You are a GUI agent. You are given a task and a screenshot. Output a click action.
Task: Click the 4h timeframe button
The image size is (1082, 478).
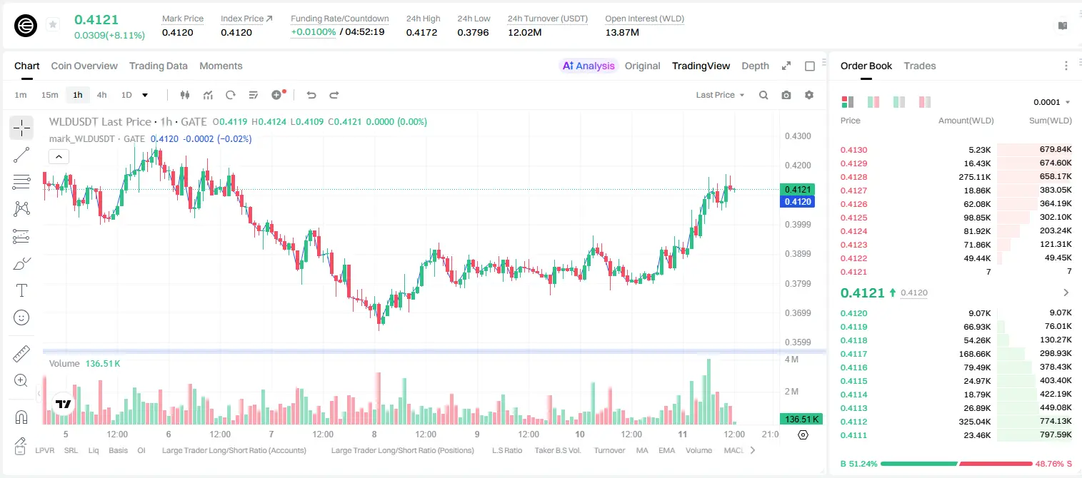click(x=101, y=95)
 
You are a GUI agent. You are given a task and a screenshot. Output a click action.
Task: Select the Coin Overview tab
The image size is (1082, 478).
click(x=84, y=66)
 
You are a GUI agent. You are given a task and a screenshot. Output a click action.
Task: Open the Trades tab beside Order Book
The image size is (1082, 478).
click(x=920, y=66)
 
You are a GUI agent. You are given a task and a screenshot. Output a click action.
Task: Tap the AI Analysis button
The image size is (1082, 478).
click(x=588, y=66)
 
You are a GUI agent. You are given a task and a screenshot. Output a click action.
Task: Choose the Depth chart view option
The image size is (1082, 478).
click(x=755, y=66)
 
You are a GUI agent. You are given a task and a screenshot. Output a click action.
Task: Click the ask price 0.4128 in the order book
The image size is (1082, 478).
click(x=853, y=177)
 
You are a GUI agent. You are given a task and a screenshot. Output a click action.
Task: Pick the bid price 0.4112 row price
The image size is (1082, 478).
click(x=853, y=422)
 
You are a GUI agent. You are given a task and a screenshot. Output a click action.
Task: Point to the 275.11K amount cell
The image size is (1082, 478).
click(x=974, y=177)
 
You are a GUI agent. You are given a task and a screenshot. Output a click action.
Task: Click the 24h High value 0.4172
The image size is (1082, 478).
click(x=421, y=32)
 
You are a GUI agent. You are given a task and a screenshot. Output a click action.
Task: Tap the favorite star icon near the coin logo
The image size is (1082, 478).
click(x=53, y=24)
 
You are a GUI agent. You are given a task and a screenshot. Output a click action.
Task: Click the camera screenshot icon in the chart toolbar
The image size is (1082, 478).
click(x=786, y=95)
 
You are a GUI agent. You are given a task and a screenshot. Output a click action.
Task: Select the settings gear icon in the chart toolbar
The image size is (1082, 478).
click(x=809, y=95)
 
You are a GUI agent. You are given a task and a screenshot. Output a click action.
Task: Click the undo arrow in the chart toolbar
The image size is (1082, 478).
click(x=311, y=95)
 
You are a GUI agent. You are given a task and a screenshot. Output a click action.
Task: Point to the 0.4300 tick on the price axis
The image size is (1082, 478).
click(x=798, y=136)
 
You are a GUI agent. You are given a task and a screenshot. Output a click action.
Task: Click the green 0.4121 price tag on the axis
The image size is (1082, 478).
click(x=798, y=190)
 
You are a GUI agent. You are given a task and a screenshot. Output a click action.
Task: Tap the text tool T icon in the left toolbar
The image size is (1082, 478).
click(x=21, y=290)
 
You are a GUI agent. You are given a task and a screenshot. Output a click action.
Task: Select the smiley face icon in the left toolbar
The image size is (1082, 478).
click(x=21, y=317)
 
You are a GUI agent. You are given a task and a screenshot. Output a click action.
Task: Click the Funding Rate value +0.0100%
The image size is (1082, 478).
click(x=313, y=32)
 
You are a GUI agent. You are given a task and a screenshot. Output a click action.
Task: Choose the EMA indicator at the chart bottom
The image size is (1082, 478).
click(x=666, y=450)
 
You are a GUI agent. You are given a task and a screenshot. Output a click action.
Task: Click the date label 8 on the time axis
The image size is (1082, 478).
click(x=374, y=434)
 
